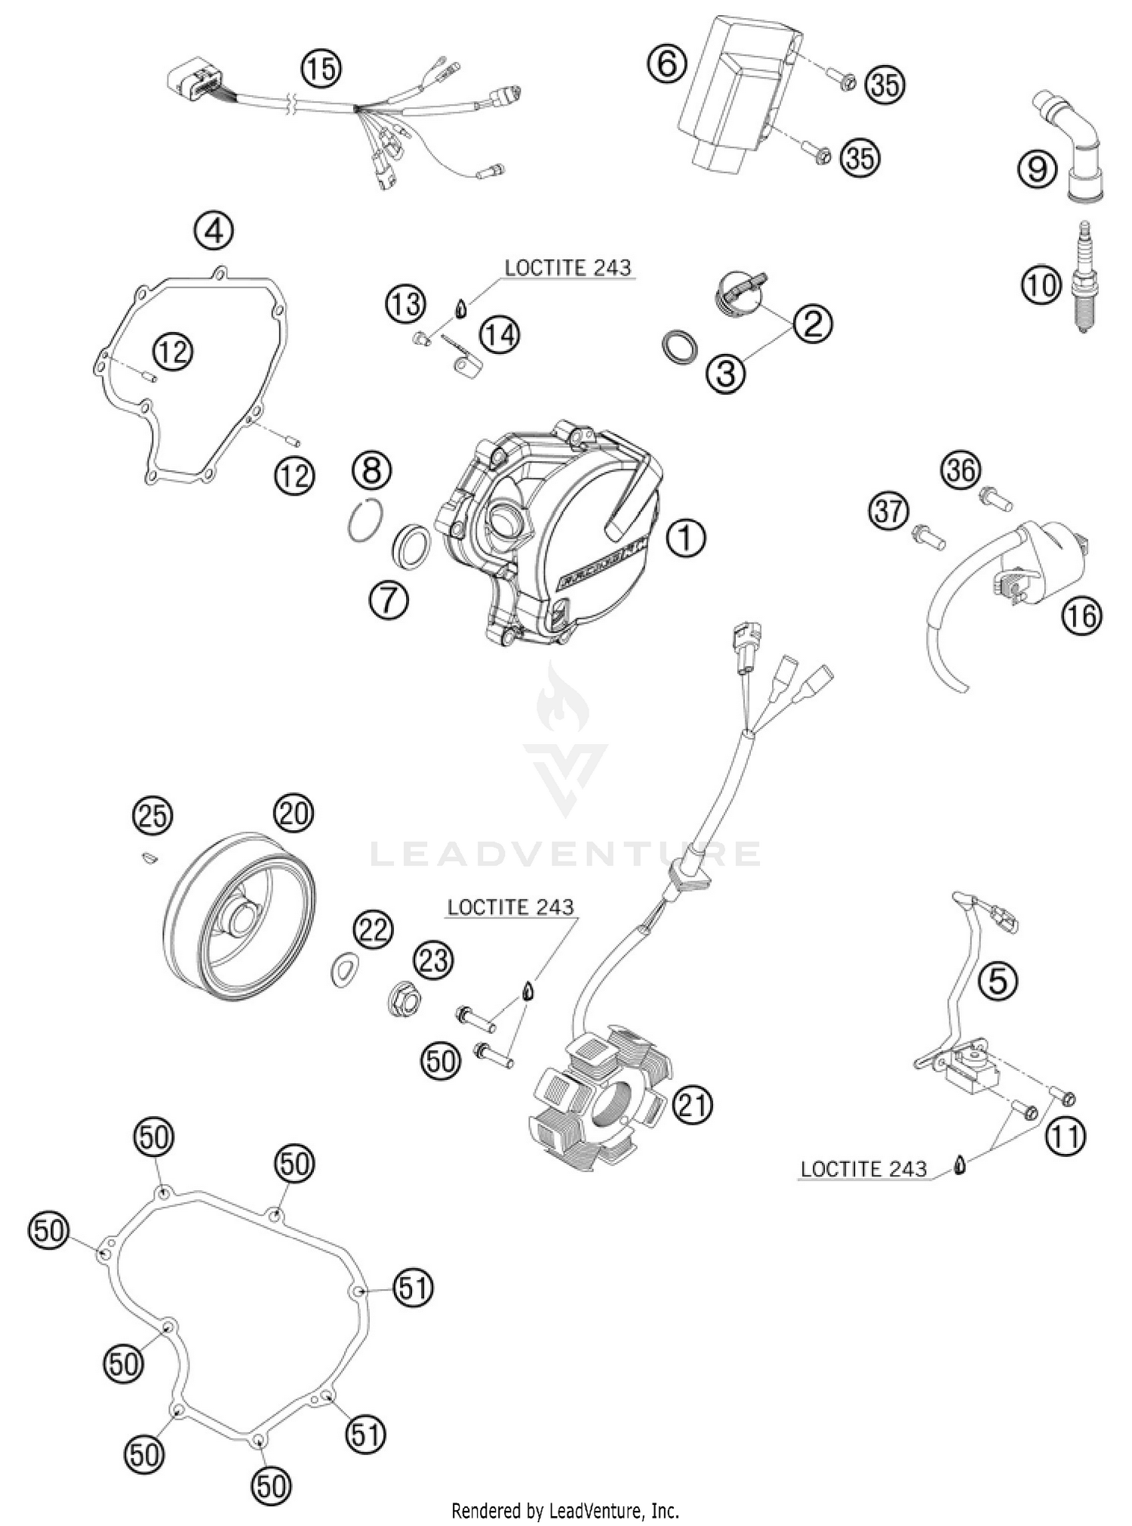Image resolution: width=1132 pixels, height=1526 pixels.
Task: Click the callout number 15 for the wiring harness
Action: [x=321, y=69]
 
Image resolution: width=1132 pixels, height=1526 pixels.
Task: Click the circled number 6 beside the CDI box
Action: [x=667, y=63]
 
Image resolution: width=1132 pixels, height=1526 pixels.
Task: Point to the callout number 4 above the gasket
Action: [x=214, y=230]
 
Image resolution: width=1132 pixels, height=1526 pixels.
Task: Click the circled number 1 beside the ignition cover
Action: [x=685, y=539]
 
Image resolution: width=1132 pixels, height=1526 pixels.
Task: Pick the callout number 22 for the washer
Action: [x=374, y=930]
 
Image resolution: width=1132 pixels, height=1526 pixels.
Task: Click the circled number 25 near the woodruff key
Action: [x=152, y=817]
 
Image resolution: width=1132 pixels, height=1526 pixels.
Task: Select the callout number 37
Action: [x=888, y=511]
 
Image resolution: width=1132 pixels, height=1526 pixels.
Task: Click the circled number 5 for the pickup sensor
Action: [x=998, y=981]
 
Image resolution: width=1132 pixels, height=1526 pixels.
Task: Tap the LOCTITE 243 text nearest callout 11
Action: [x=863, y=1169]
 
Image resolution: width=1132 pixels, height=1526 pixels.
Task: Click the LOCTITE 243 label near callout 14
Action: [x=568, y=267]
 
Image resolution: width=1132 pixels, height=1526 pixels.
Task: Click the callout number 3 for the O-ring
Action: [x=725, y=372]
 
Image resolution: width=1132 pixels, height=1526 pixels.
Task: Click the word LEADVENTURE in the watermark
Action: [x=564, y=854]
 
